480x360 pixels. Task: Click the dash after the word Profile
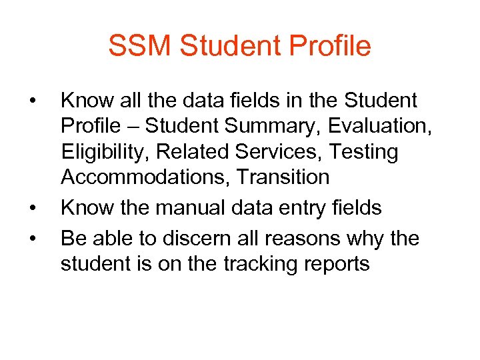point(132,127)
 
